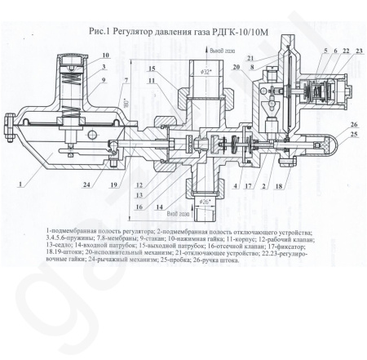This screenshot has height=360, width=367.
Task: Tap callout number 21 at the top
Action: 250,57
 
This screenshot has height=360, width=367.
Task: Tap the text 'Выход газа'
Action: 221,50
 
